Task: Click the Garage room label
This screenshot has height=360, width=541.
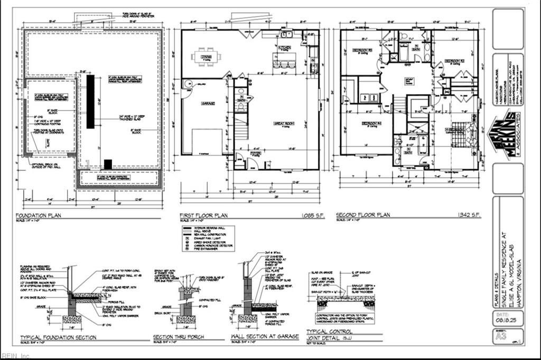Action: pyautogui.click(x=207, y=104)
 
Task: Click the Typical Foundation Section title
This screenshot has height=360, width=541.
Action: pyautogui.click(x=58, y=337)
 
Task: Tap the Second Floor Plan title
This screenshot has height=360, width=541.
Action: pyautogui.click(x=363, y=216)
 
